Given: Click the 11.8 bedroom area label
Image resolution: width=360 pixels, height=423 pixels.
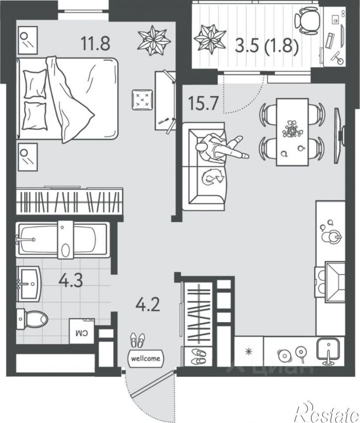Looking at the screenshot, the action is click(x=95, y=43).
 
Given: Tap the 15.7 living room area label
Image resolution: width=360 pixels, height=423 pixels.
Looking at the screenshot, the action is click(x=203, y=103).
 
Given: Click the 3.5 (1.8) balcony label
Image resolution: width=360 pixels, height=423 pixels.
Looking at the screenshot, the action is click(x=267, y=45).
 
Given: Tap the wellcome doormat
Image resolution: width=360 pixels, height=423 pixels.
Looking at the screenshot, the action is click(x=145, y=358).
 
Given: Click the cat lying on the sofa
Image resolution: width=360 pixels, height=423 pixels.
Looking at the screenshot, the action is click(x=213, y=177).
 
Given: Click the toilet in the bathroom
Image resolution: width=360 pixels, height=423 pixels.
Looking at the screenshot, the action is click(x=32, y=319).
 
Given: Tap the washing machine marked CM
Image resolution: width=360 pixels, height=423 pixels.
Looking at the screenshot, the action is click(x=82, y=331).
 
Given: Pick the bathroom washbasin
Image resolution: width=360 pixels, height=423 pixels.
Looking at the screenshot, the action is click(x=29, y=283).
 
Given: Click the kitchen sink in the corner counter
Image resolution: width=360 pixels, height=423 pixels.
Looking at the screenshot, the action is click(x=328, y=350).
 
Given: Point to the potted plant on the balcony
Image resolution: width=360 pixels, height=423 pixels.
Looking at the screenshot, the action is click(x=210, y=38).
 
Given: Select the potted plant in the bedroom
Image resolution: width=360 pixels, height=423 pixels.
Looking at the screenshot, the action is click(x=154, y=40).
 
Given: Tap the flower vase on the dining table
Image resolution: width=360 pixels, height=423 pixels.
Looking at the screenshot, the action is click(x=292, y=130).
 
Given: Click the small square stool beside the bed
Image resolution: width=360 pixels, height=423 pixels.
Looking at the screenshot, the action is click(x=142, y=100).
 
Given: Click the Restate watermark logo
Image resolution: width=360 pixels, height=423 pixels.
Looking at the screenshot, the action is click(x=327, y=411).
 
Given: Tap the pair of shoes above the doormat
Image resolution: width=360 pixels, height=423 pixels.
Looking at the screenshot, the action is click(x=138, y=341).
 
